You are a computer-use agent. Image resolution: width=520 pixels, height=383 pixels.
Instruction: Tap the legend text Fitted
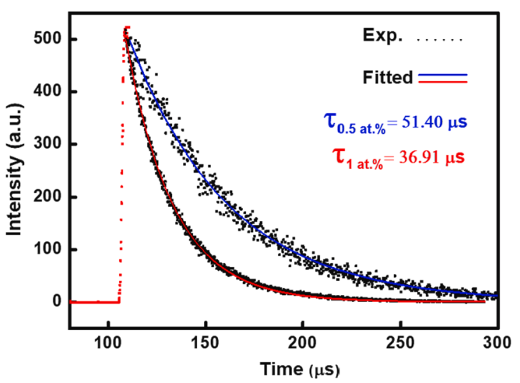click(388, 77)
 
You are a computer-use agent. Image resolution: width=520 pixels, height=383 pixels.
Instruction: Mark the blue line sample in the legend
click(443, 74)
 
